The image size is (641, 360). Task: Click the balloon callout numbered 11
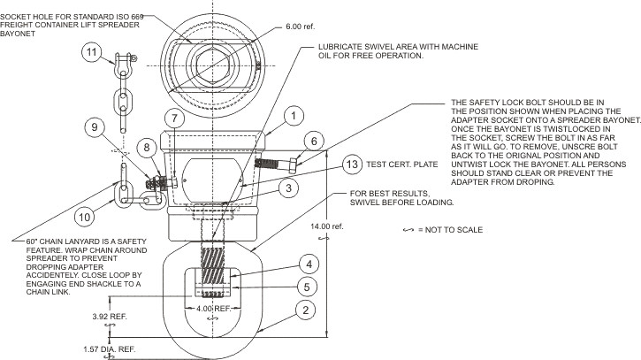(91, 54)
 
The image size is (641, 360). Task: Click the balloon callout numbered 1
(296, 115)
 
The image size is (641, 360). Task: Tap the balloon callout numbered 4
(306, 264)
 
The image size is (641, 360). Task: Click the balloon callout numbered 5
(306, 286)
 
